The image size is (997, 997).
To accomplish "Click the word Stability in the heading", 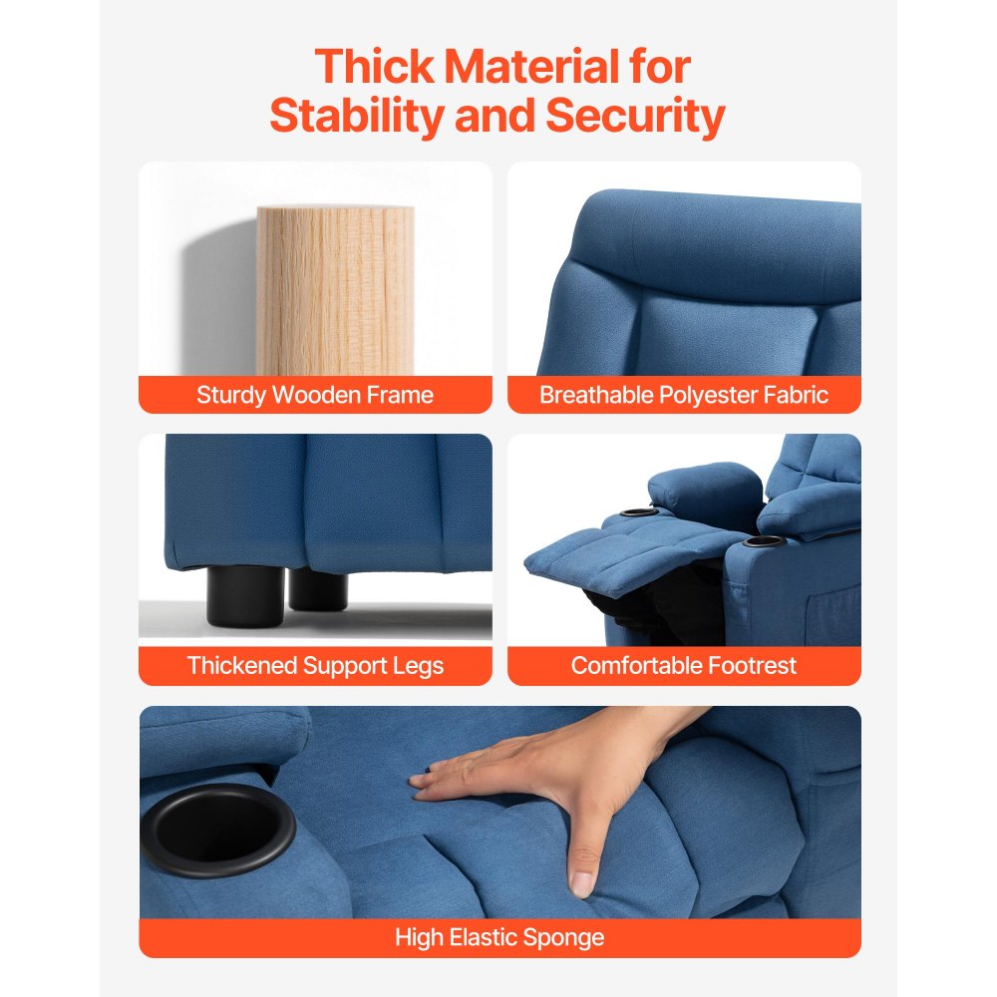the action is point(357,116).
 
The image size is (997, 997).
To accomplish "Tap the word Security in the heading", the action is point(635,116).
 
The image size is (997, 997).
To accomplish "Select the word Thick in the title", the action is point(375,66).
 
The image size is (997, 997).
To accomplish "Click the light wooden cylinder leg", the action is point(335,290).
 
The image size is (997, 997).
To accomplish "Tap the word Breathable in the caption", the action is point(596,395).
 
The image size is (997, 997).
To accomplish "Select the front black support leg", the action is point(245,596).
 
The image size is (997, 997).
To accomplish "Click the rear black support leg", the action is point(318,589).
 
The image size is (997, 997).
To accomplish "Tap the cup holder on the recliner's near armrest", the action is point(765,541).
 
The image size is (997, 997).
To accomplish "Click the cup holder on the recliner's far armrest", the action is point(638,511).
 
